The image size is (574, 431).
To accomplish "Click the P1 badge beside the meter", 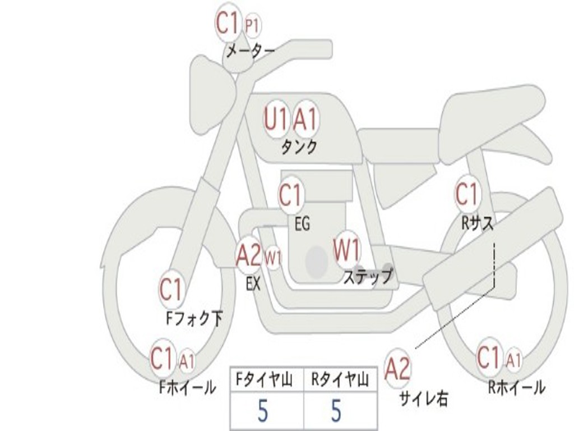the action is pyautogui.click(x=253, y=26).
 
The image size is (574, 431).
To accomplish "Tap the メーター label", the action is pyautogui.click(x=251, y=51).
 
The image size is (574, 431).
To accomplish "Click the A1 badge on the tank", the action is pyautogui.click(x=305, y=119).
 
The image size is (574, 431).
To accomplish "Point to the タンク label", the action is pyautogui.click(x=299, y=147).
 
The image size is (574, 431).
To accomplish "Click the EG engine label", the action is pyautogui.click(x=302, y=223).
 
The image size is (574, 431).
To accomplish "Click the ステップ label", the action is pyautogui.click(x=368, y=276).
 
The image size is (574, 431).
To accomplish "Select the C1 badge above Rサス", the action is pyautogui.click(x=467, y=194).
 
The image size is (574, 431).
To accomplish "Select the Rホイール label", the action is pyautogui.click(x=516, y=387).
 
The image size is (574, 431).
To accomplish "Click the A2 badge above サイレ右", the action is pyautogui.click(x=398, y=369).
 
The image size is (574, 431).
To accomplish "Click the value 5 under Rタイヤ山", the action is pyautogui.click(x=336, y=410).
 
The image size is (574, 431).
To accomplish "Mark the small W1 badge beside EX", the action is pyautogui.click(x=273, y=258).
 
